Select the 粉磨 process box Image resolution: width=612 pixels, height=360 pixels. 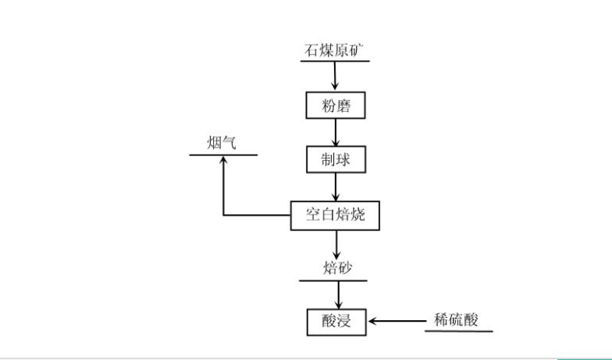(335, 106)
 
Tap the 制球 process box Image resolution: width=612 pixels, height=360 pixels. (335, 159)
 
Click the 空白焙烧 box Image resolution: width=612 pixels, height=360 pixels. (335, 216)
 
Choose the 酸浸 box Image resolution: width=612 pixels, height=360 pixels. (336, 321)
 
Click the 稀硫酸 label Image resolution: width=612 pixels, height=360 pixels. (455, 320)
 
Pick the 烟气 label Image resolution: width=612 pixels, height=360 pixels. (222, 143)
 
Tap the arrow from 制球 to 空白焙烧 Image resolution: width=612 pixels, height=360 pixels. (336, 187)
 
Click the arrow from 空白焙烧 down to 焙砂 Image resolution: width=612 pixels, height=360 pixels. (337, 245)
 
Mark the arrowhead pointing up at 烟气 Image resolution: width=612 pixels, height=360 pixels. (223, 160)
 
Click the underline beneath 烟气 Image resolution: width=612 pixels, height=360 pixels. (223, 155)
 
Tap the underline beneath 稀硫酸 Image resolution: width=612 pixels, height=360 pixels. (459, 331)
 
